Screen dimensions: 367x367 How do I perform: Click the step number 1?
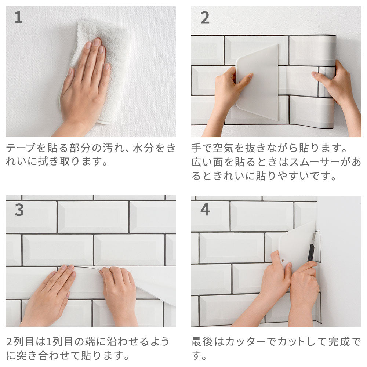pyautogui.click(x=18, y=18)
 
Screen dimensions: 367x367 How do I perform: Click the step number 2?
pyautogui.click(x=205, y=18)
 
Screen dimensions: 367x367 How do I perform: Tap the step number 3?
pyautogui.click(x=19, y=210)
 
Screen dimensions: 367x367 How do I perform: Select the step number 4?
pyautogui.click(x=205, y=210)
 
